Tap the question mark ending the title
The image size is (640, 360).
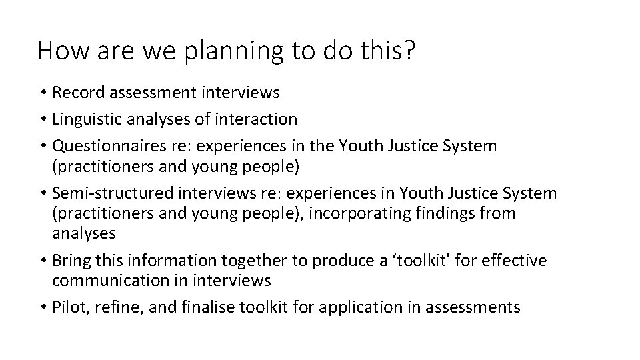tap(407, 50)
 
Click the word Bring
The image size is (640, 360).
tap(71, 261)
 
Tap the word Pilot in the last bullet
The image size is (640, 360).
tap(69, 307)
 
